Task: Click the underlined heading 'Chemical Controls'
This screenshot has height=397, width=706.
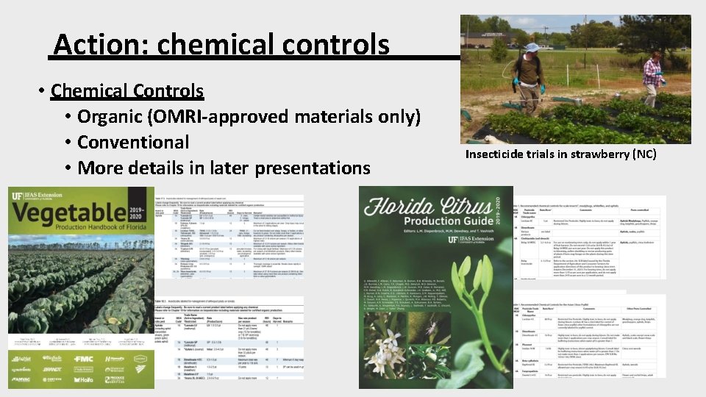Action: (x=127, y=91)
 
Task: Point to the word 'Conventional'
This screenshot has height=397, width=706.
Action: (x=133, y=142)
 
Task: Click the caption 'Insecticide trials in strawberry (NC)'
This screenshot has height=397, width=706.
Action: (x=560, y=154)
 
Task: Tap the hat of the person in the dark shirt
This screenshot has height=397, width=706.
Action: (x=532, y=48)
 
